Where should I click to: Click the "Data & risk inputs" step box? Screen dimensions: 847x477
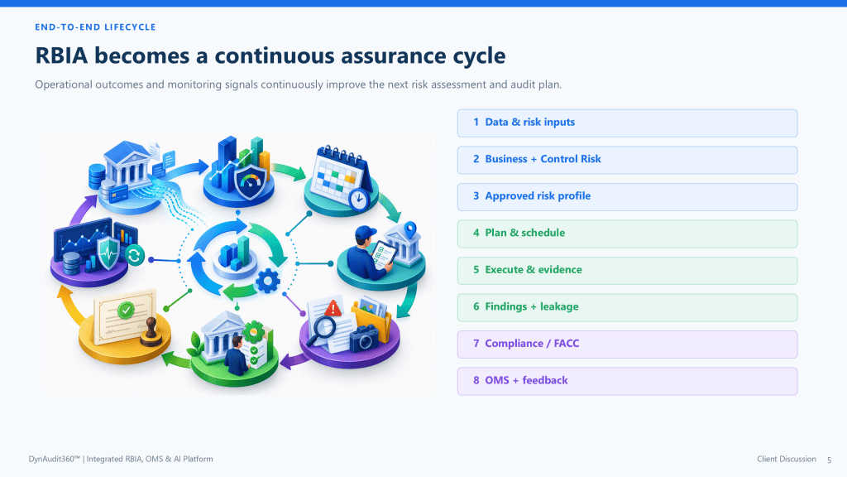pos(627,123)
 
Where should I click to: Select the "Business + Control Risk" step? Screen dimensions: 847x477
pos(627,160)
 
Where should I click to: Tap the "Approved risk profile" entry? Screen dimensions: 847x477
pos(627,196)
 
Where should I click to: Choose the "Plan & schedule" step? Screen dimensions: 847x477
pos(627,233)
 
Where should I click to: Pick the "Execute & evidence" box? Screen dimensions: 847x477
pos(627,271)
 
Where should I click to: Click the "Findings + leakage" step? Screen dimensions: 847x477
pos(627,307)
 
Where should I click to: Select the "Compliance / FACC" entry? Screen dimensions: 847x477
pos(627,344)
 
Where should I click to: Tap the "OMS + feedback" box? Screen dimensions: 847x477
pos(627,381)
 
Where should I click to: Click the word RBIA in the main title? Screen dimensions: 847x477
pos(61,55)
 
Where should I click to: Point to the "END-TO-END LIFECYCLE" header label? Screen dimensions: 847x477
pos(96,27)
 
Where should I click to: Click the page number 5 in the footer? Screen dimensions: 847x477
pos(829,460)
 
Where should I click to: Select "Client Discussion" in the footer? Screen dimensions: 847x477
pos(787,459)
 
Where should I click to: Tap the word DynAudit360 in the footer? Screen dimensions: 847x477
pos(54,459)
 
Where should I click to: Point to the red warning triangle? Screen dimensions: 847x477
pos(333,308)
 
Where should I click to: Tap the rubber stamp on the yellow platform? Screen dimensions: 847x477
pos(151,332)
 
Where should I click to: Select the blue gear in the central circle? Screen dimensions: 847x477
pos(268,281)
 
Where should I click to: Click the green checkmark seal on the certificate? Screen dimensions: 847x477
pos(126,310)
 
